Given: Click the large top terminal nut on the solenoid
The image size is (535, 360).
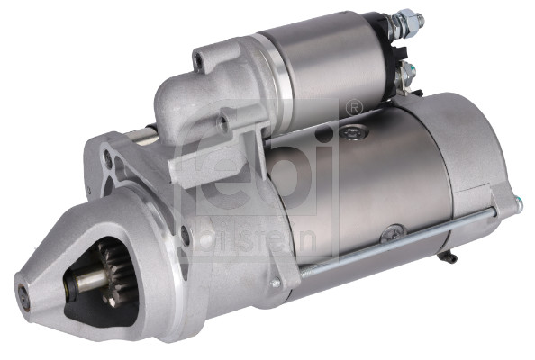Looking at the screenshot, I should (x=404, y=19).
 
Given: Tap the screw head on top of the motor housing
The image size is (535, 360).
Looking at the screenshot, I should (x=351, y=133).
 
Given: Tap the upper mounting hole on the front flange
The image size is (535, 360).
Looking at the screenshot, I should (x=108, y=163).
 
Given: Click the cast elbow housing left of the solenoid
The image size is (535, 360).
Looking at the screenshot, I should (x=203, y=103).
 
